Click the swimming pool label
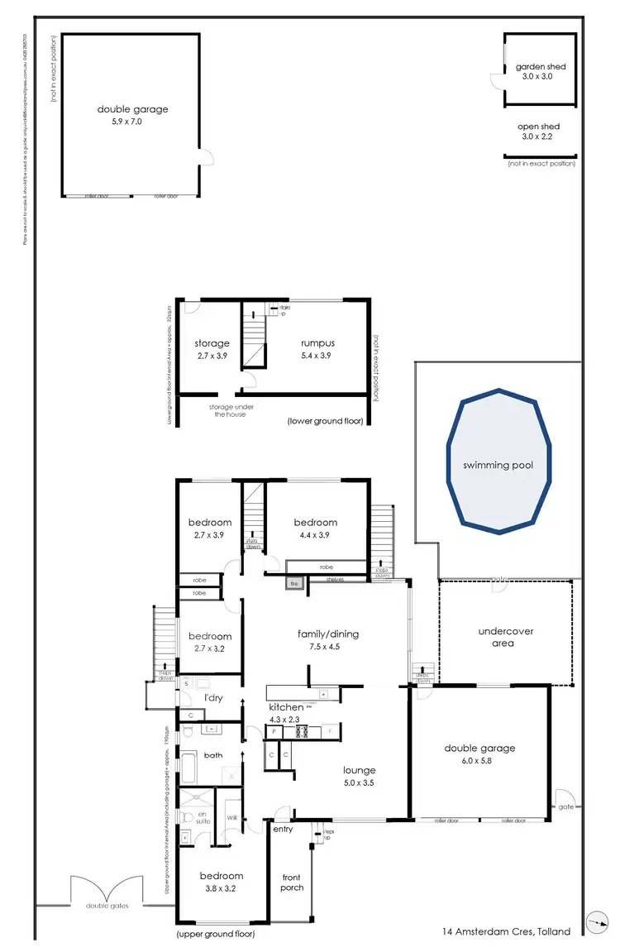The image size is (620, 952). (x=498, y=465)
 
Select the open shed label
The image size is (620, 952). (x=539, y=127)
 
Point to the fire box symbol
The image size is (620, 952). (x=293, y=584)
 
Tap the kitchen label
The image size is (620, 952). (x=285, y=708)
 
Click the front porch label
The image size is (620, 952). (x=292, y=883)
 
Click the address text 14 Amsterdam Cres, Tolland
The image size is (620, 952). (x=507, y=931)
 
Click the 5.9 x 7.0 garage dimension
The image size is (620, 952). (x=132, y=121)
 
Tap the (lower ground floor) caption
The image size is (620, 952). (x=325, y=421)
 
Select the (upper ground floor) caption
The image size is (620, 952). (x=215, y=934)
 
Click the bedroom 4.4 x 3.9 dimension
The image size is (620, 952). (x=315, y=534)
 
